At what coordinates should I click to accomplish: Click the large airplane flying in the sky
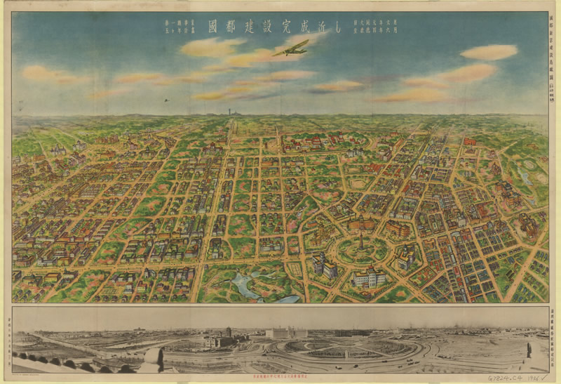pos(291,48)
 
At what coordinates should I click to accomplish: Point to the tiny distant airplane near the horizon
pos(166,100)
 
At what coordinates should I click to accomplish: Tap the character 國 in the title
pos(212,27)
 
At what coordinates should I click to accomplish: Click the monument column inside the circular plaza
pos(361,241)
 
